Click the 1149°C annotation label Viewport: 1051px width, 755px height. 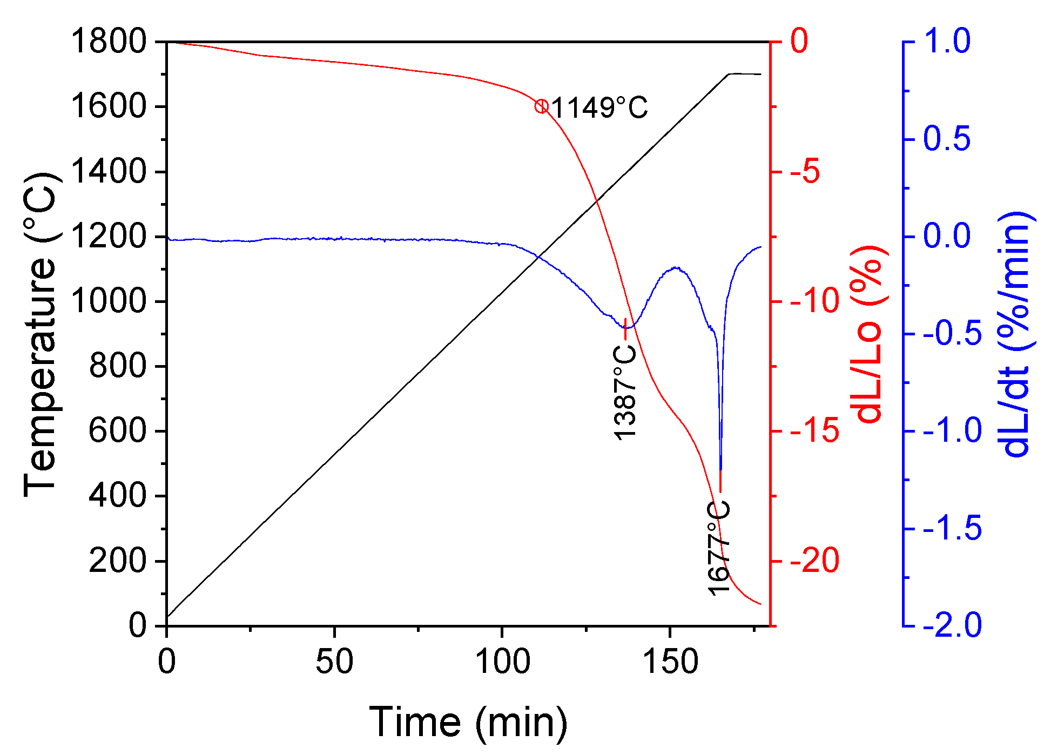[x=599, y=108]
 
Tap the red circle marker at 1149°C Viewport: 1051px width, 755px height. [x=542, y=106]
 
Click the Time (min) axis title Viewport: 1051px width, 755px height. [x=468, y=722]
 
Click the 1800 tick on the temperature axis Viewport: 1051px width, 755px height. [x=108, y=42]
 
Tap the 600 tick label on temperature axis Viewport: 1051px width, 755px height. [x=117, y=431]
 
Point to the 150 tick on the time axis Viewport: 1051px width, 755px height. [x=670, y=662]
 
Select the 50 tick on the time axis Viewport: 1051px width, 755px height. [x=334, y=662]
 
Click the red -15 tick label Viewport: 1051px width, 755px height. [x=814, y=431]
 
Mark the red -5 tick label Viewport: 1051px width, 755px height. [x=805, y=172]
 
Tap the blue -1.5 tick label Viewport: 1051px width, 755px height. [x=952, y=528]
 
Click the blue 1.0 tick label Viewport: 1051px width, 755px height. [x=947, y=42]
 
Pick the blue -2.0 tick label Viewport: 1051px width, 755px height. [x=952, y=625]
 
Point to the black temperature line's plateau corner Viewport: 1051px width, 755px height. [x=729, y=74]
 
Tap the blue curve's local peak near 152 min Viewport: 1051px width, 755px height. [x=676, y=268]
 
